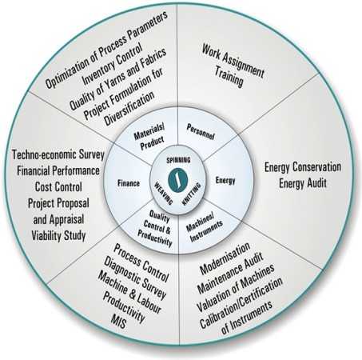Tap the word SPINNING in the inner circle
click(178, 160)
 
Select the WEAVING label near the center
click(164, 193)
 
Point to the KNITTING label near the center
click(192, 194)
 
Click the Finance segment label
click(129, 183)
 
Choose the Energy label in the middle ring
click(225, 181)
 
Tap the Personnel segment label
click(201, 132)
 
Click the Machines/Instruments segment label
click(204, 228)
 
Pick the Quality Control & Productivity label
click(156, 229)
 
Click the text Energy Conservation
click(303, 167)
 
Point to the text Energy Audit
click(303, 183)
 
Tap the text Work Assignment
click(233, 61)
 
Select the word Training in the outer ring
click(229, 78)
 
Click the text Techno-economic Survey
click(58, 155)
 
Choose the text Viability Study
click(58, 236)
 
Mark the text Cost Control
click(58, 187)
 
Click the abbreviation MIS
click(118, 321)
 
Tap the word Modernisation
click(225, 258)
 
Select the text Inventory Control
click(112, 65)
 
